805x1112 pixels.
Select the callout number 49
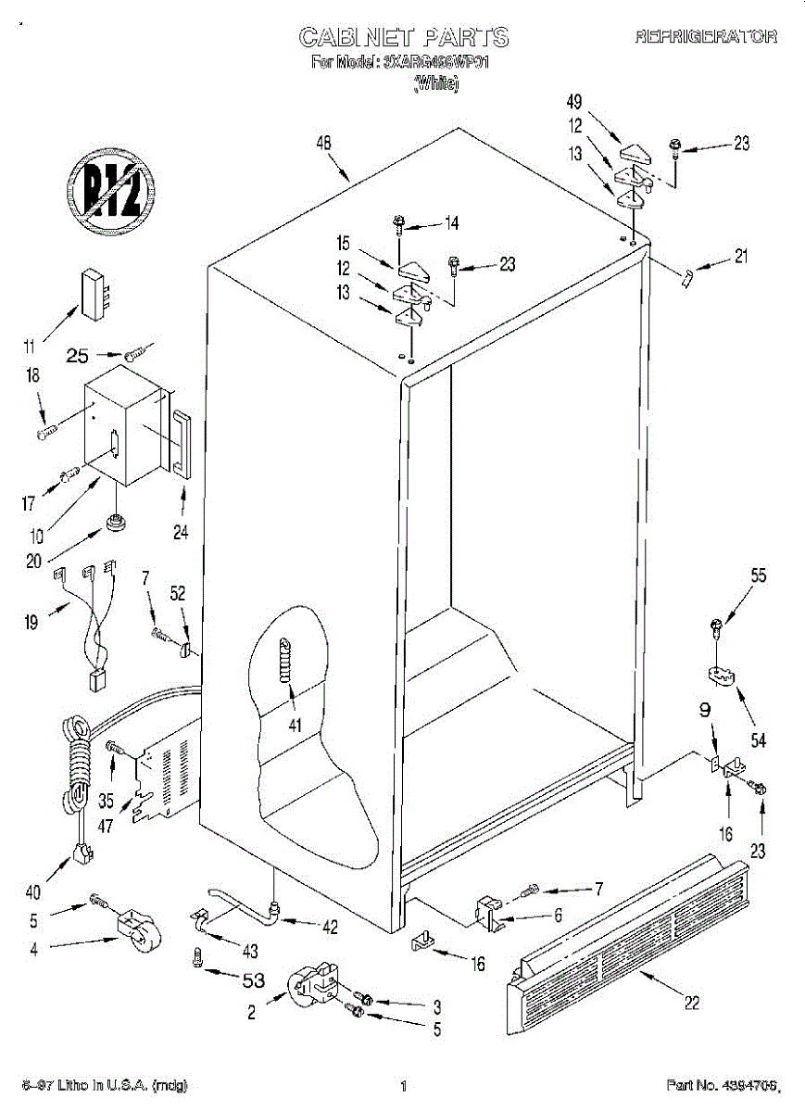pos(574,101)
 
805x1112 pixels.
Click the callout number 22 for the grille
pos(691,1002)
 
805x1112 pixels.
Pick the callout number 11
pos(31,347)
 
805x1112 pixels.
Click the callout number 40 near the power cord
pos(33,893)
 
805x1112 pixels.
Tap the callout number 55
pos(759,575)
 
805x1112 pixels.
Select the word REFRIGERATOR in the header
pos(706,38)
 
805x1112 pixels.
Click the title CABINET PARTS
pos(404,37)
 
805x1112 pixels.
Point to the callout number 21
pos(741,258)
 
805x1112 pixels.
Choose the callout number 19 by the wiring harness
pos(31,622)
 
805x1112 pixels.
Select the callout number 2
pos(251,1012)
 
